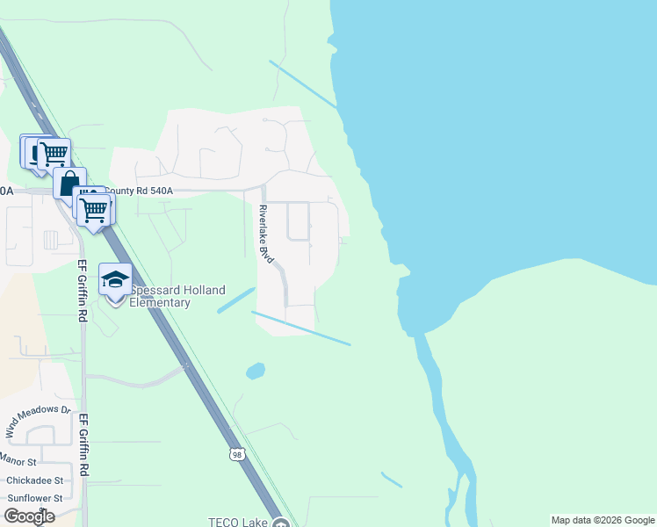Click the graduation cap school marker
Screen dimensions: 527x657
[x=115, y=279]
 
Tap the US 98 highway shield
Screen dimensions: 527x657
[x=238, y=453]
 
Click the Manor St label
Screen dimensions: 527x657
[x=18, y=460]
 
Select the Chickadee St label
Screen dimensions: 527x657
[x=34, y=480]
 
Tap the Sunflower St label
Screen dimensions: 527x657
[x=34, y=498]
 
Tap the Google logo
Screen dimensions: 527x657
[x=29, y=516]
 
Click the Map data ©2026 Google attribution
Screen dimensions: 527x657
[x=603, y=520]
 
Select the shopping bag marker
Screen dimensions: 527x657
[x=69, y=184]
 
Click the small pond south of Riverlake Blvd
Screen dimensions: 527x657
[x=256, y=371]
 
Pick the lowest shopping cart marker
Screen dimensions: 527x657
[x=94, y=210]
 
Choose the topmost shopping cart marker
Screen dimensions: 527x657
[x=54, y=154]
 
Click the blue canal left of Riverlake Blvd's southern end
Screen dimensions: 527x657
[x=236, y=300]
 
